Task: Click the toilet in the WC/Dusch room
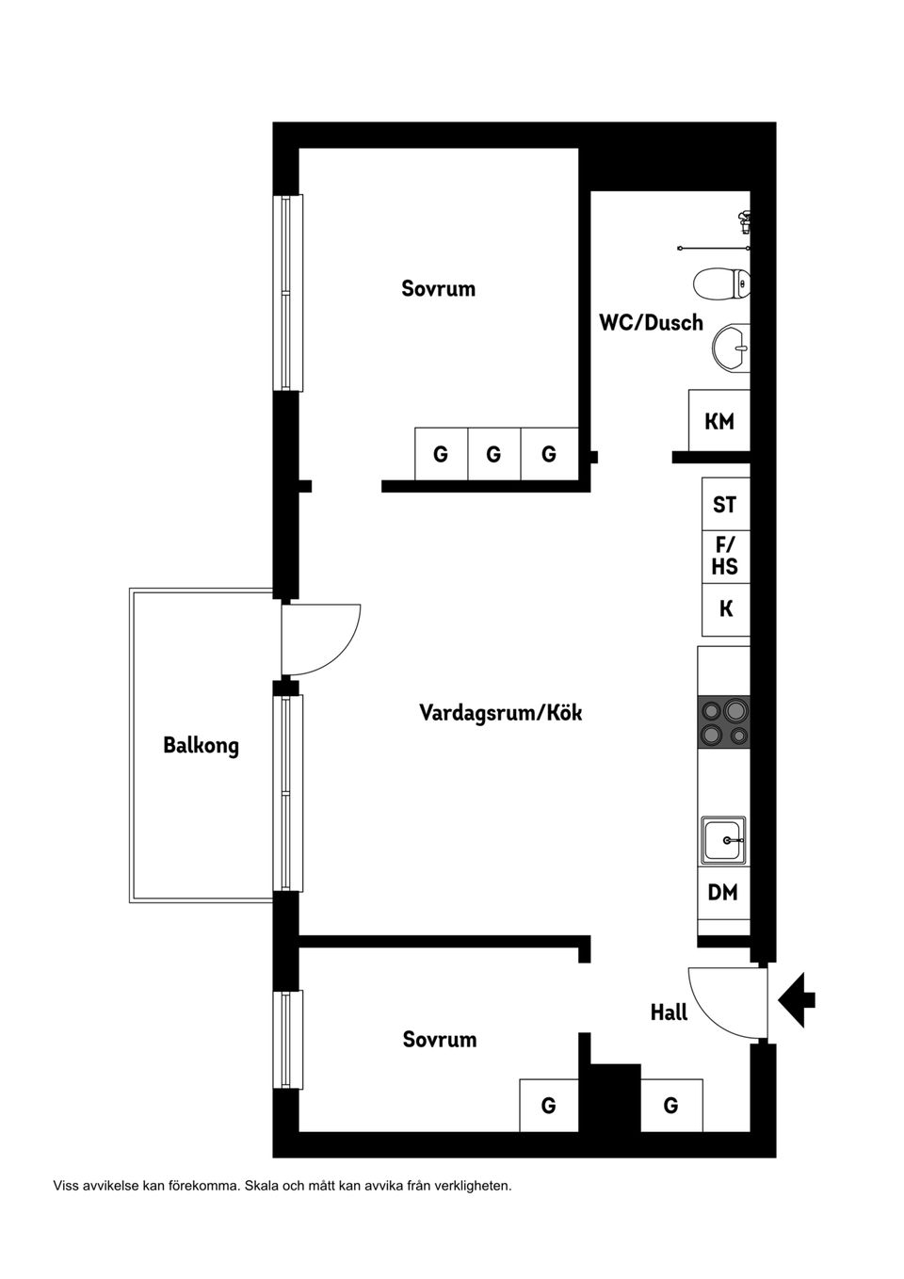[x=721, y=283]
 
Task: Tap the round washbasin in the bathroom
[x=731, y=347]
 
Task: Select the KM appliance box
[x=719, y=421]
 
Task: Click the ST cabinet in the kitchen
[x=725, y=505]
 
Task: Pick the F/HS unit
[x=725, y=557]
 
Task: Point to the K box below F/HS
[x=725, y=609]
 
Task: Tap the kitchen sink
[x=723, y=840]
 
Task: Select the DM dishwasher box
[x=723, y=892]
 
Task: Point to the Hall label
[x=669, y=1012]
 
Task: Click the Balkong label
[x=201, y=746]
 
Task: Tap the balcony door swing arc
[x=325, y=640]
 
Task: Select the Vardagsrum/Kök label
[x=500, y=713]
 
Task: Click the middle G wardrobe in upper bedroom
[x=493, y=455]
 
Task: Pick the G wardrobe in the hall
[x=670, y=1106]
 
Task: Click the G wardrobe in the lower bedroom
[x=548, y=1106]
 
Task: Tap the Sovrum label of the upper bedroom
[x=438, y=288]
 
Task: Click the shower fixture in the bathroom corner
[x=744, y=222]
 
